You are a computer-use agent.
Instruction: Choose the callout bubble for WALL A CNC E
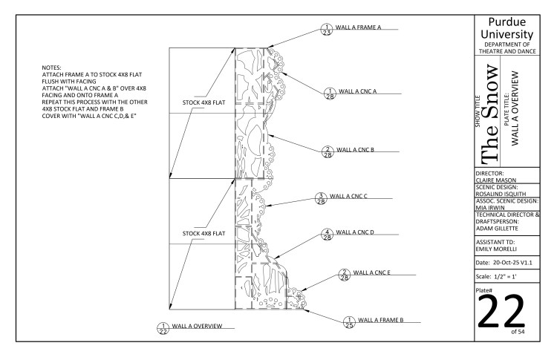(343, 275)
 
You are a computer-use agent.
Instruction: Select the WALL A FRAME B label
(382, 321)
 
